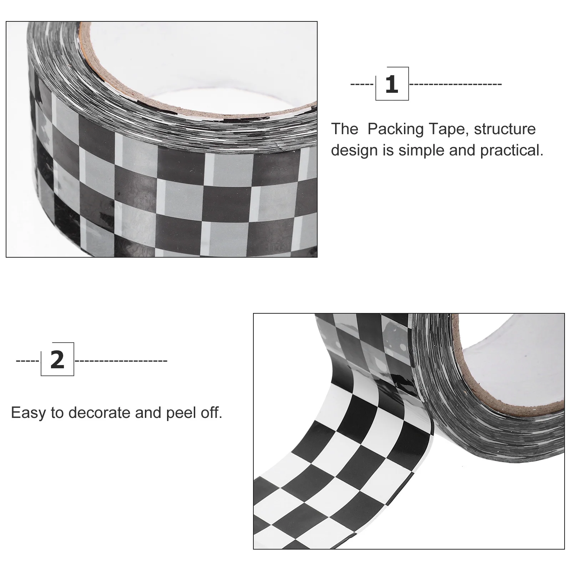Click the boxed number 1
(392, 84)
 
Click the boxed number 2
(57, 359)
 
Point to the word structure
(505, 129)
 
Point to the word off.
(212, 413)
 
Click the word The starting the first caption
(345, 129)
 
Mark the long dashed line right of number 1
(456, 84)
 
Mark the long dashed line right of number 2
(121, 361)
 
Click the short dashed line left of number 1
(362, 84)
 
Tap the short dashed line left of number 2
(27, 361)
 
